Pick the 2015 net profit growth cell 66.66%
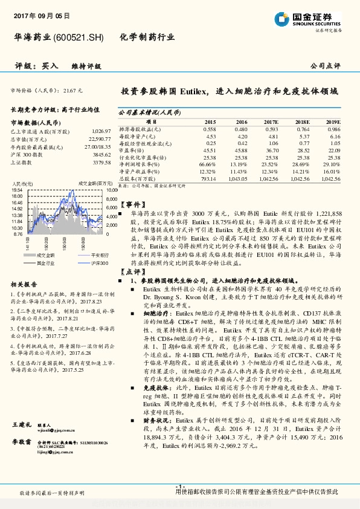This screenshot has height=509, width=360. coord(207,163)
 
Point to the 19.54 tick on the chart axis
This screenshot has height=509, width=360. coord(17,190)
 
